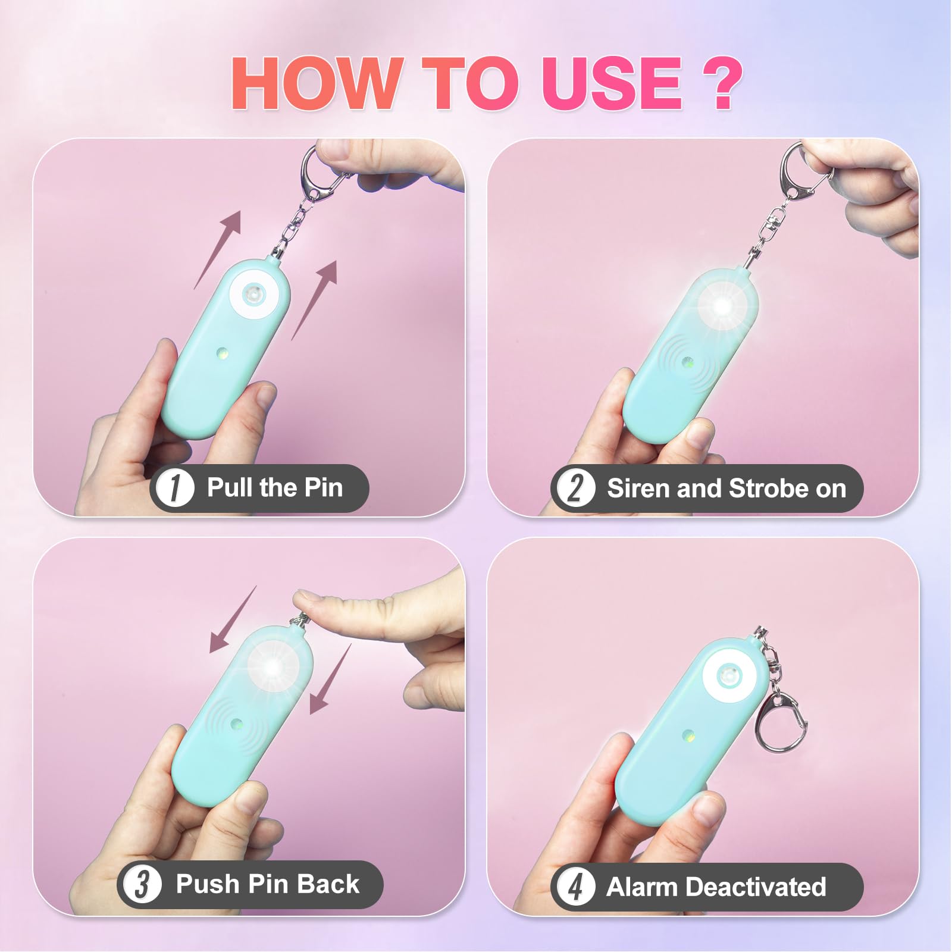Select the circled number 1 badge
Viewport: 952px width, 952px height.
pos(175,488)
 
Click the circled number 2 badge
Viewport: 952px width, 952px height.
pos(574,488)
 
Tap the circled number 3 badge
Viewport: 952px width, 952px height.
pos(142,884)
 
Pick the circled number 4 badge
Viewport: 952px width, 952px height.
pos(574,887)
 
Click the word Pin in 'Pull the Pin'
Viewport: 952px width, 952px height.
pos(323,488)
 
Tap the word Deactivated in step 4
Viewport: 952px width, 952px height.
pos(755,887)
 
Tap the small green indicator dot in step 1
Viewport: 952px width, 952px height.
pos(223,355)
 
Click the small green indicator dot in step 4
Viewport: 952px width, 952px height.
pos(688,736)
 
